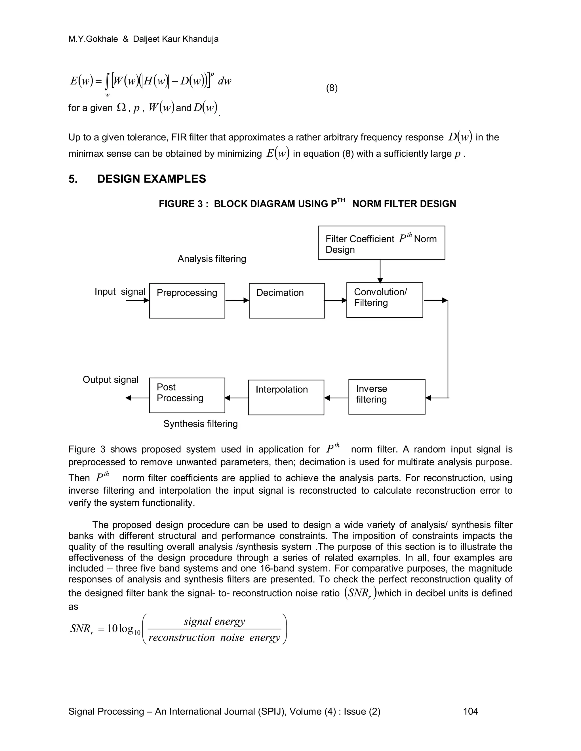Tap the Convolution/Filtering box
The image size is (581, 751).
(384, 300)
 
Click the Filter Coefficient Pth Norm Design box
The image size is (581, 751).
(381, 243)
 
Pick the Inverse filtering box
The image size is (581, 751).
(387, 396)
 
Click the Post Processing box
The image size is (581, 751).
(187, 395)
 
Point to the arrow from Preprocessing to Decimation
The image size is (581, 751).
(237, 300)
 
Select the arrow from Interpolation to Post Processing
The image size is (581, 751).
(237, 398)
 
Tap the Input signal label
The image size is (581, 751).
(120, 292)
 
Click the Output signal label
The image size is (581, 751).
(110, 380)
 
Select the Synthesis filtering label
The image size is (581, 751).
(200, 424)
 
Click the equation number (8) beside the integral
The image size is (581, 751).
(332, 88)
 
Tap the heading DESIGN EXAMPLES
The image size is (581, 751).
(151, 179)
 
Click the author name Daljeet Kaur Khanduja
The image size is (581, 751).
(176, 39)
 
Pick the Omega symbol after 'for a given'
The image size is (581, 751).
(121, 108)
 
